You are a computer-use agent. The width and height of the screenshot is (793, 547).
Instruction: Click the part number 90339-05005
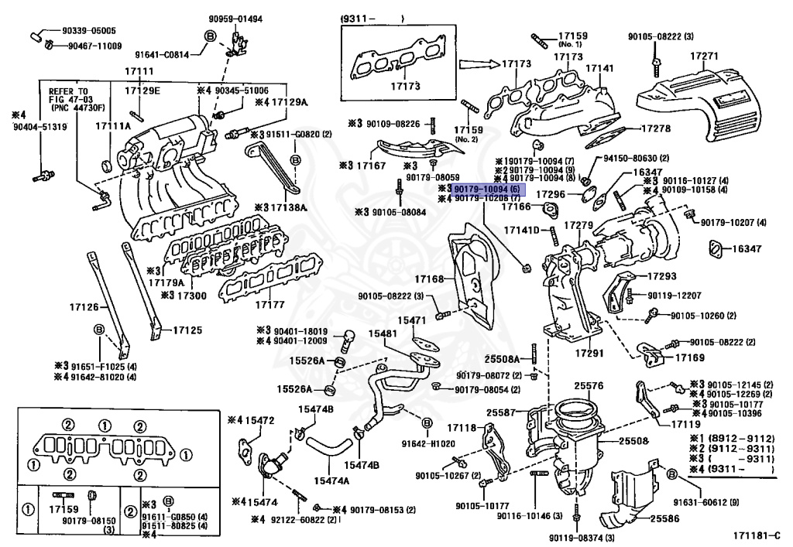89,31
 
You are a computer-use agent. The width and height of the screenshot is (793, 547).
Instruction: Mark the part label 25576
588,385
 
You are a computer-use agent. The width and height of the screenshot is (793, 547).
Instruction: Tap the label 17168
430,279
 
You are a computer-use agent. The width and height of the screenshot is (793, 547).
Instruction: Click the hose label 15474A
331,480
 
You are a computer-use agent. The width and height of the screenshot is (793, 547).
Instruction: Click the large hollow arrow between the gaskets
476,64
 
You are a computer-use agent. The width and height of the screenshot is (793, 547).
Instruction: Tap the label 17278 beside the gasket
655,128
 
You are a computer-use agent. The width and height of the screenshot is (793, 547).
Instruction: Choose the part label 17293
662,275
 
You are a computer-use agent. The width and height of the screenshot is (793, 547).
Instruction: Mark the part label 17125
187,330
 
